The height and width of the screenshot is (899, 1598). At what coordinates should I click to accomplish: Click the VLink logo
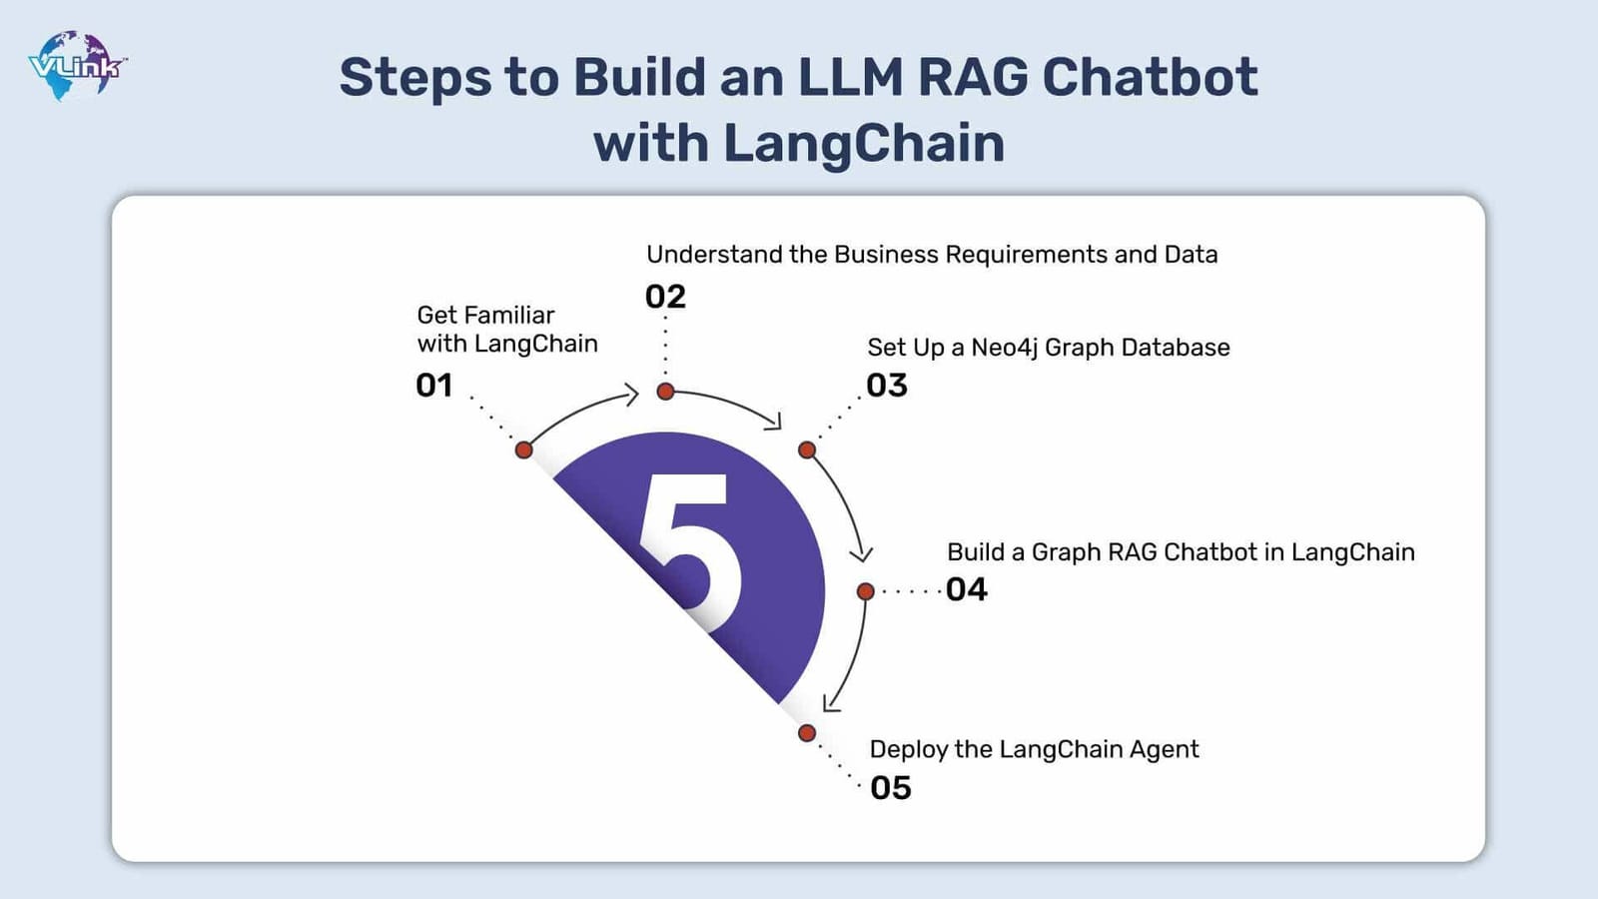click(76, 66)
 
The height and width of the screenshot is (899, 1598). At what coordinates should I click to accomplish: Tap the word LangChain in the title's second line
click(863, 143)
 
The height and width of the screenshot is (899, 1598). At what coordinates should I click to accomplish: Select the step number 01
click(434, 386)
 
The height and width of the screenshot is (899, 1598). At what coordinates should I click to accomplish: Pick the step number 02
click(665, 297)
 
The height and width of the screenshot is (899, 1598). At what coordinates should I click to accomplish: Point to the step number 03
click(887, 386)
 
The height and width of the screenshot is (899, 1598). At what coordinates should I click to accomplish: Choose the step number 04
click(967, 589)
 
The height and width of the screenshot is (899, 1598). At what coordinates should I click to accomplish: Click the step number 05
click(891, 788)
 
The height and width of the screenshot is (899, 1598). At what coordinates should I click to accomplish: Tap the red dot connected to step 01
click(523, 449)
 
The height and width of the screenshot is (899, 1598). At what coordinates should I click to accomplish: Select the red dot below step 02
click(665, 392)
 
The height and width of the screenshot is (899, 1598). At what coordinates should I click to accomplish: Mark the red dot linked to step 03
click(807, 449)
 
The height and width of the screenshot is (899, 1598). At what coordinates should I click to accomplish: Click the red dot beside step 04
click(866, 591)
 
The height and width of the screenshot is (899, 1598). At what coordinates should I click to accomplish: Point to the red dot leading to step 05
click(807, 733)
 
